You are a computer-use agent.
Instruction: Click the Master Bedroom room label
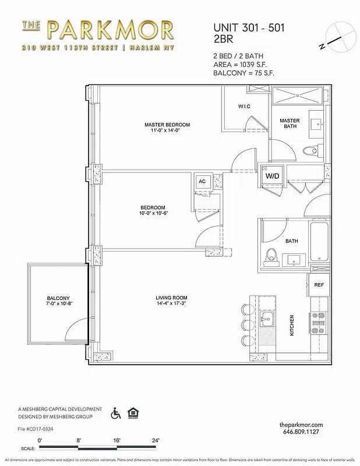(167, 125)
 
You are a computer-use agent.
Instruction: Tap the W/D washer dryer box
(271, 176)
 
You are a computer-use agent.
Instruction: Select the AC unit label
(202, 181)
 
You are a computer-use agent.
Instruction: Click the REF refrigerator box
(319, 285)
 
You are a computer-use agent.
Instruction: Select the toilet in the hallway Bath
(270, 256)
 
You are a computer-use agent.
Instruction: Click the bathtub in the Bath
(319, 242)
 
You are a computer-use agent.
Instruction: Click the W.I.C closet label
(244, 107)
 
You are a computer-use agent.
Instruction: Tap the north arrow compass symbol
(341, 36)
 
